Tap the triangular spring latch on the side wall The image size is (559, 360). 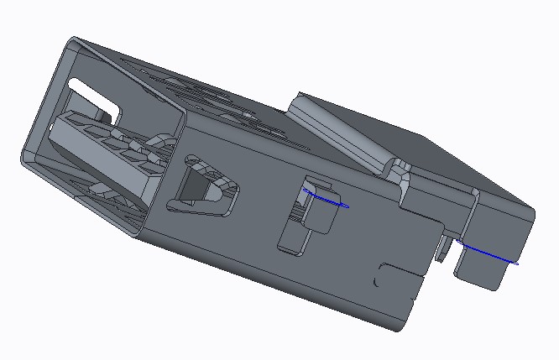point(201,185)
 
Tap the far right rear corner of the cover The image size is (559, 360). point(532,213)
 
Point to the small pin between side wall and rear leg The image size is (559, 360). point(442,248)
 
